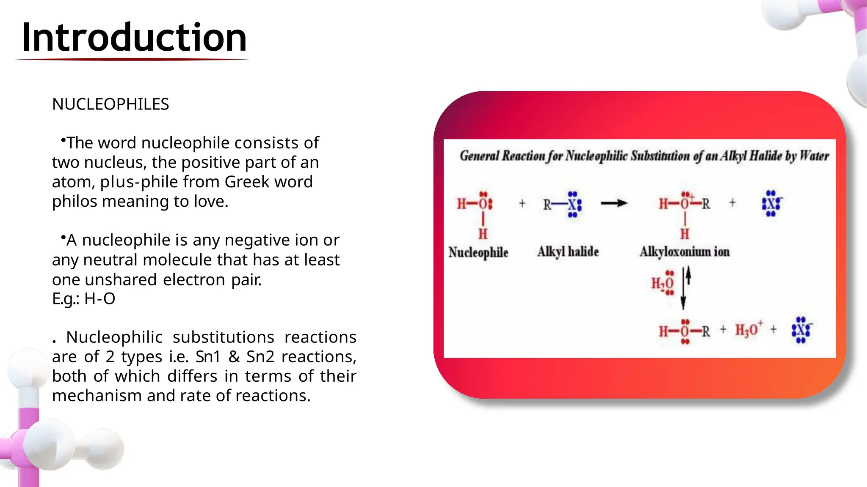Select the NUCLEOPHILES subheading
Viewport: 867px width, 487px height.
coord(110,104)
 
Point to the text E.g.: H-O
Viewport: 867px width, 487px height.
coord(83,298)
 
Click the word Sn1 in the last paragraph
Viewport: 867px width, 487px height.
coord(208,357)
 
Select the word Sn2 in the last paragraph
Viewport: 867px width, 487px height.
coord(259,357)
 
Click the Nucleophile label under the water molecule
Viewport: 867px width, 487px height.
coord(478,252)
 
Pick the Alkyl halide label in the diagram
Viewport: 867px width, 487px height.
coord(568,252)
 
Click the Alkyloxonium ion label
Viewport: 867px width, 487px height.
coord(685,252)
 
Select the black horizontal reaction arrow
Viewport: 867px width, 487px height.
coord(614,204)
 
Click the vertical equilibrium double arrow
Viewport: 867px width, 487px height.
coord(685,287)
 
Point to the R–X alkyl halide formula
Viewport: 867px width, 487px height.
coord(562,205)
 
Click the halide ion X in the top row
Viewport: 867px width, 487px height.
coord(771,204)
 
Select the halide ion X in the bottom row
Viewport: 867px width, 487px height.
coord(801,330)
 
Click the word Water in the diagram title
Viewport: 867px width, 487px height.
coord(815,156)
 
